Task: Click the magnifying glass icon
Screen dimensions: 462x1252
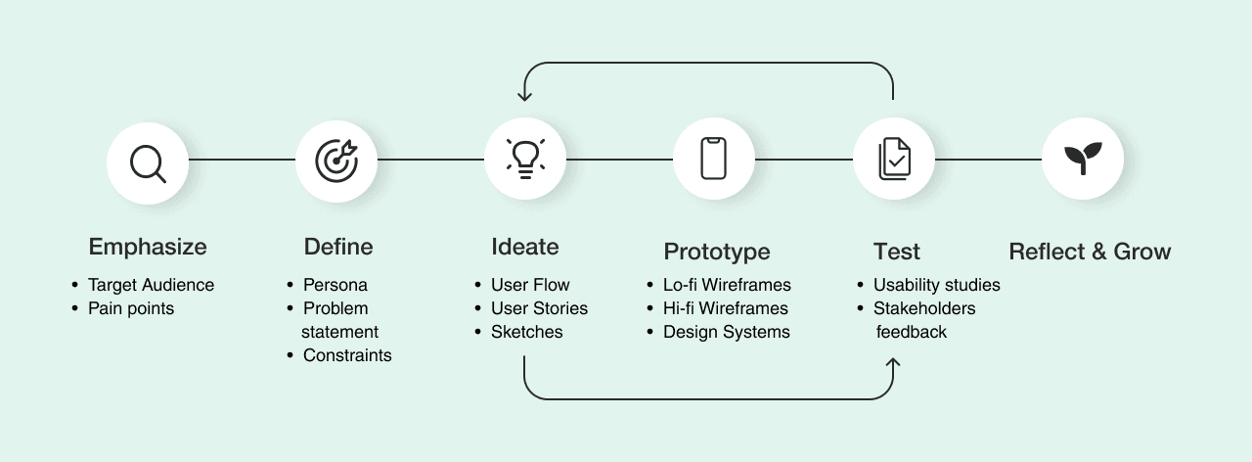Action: tap(148, 162)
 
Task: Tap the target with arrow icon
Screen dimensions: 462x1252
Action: tap(336, 160)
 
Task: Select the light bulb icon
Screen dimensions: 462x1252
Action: tap(525, 159)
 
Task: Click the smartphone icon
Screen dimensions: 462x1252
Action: tap(714, 159)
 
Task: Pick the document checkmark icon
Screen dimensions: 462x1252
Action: tap(894, 159)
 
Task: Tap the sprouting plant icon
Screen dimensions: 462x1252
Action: tap(1083, 159)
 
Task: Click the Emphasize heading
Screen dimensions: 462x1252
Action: tap(148, 247)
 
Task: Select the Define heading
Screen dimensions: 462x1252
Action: tap(338, 247)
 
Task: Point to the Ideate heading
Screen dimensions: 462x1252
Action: tap(525, 247)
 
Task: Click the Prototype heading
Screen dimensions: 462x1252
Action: tap(717, 253)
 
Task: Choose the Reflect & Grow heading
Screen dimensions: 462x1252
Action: tap(1090, 252)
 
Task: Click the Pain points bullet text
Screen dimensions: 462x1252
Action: tap(131, 309)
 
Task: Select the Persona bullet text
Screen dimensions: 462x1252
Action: tap(335, 286)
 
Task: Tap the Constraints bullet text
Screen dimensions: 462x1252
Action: tap(347, 356)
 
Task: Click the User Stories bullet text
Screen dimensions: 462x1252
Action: tap(540, 309)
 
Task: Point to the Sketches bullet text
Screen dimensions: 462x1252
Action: tap(527, 333)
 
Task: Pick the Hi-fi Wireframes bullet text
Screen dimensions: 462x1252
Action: tap(726, 309)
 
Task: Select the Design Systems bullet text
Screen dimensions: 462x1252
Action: tap(727, 333)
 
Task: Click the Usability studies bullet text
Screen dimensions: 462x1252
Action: tap(937, 286)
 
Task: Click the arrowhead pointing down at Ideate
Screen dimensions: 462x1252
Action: tap(525, 95)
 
